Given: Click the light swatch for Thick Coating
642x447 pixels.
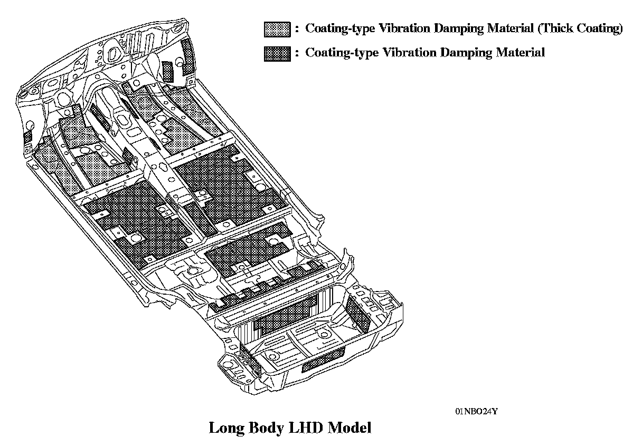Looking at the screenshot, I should coord(277,30).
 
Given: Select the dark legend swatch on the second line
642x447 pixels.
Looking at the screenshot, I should coord(277,53).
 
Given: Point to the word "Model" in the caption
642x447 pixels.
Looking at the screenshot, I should coord(350,427).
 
